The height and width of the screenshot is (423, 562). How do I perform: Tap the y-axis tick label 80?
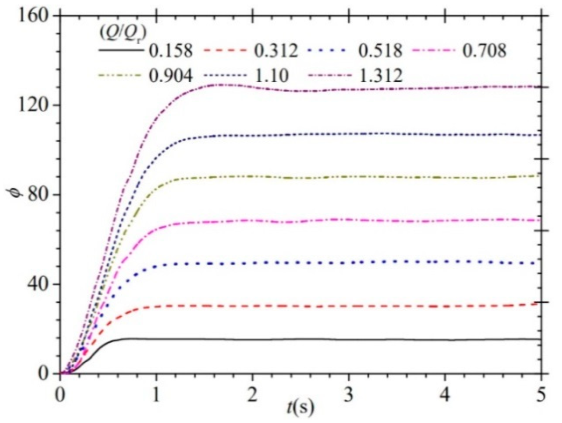pos(35,195)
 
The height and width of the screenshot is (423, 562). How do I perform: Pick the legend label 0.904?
pos(171,76)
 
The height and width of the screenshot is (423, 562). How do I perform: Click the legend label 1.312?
pos(380,76)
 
